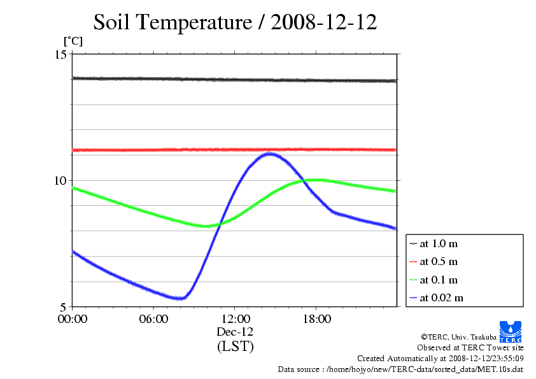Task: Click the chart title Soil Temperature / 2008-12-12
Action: click(235, 22)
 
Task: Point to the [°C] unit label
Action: click(73, 41)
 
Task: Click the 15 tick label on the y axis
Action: click(61, 54)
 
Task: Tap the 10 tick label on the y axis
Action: click(61, 180)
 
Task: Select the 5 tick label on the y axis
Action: click(64, 307)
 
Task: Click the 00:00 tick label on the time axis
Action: click(73, 319)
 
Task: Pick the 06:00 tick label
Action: click(153, 319)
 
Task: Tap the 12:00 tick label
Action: click(235, 319)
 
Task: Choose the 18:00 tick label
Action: click(316, 319)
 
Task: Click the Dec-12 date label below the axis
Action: click(235, 332)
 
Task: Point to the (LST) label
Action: click(235, 346)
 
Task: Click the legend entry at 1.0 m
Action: click(434, 243)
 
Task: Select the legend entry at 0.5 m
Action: click(434, 262)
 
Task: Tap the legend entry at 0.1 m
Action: click(434, 280)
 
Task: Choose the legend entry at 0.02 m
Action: click(436, 298)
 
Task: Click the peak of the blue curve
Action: click(270, 154)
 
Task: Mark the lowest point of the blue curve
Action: click(181, 299)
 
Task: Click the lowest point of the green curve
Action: click(206, 226)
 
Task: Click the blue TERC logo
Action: click(511, 331)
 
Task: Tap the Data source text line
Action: click(400, 369)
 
